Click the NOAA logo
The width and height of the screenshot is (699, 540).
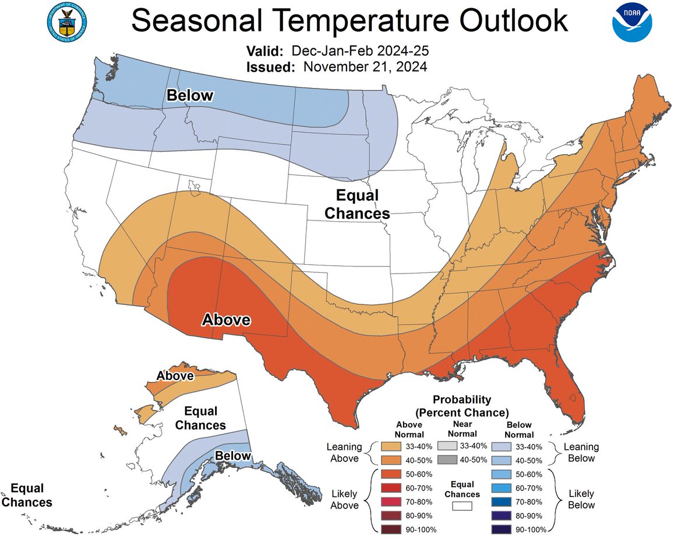pyautogui.click(x=632, y=23)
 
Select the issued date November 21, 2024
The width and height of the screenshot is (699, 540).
pyautogui.click(x=365, y=66)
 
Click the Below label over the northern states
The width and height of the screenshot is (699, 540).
pyautogui.click(x=189, y=96)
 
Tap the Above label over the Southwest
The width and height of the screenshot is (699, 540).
pyautogui.click(x=226, y=319)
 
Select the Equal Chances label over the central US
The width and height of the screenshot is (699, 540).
pyautogui.click(x=357, y=204)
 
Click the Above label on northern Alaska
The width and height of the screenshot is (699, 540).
pyautogui.click(x=174, y=376)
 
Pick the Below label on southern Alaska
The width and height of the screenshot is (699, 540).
pyautogui.click(x=233, y=456)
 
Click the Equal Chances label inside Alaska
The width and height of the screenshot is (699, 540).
pyautogui.click(x=200, y=417)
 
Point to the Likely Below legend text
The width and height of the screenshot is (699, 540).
pyautogui.click(x=581, y=499)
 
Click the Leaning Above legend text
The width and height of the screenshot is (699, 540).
pyautogui.click(x=345, y=452)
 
